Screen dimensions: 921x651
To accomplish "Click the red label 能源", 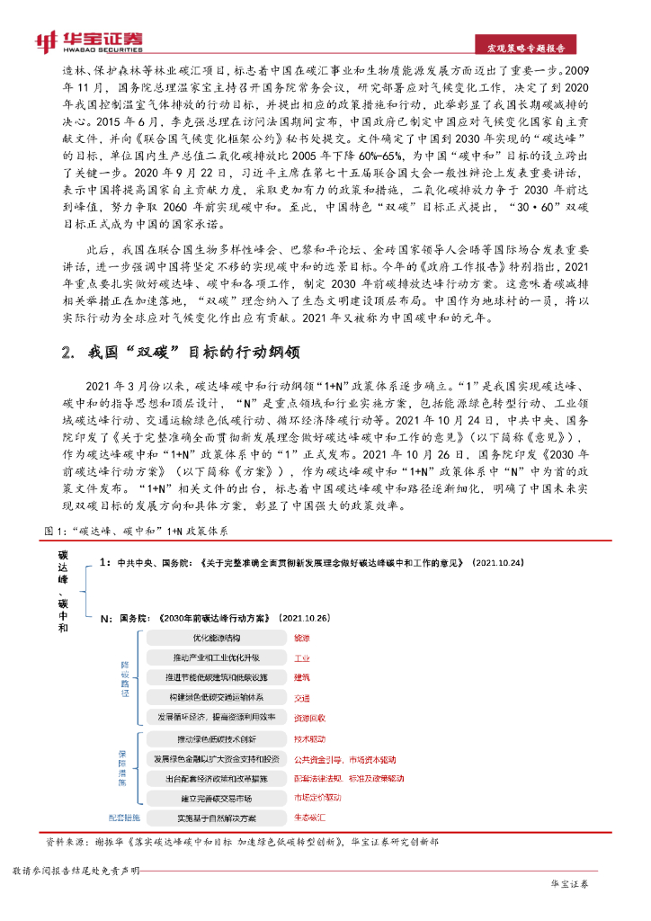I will pos(301,637).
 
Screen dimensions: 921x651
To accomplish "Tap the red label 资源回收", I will pos(310,717).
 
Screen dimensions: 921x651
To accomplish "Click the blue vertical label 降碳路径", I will pos(126,675).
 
